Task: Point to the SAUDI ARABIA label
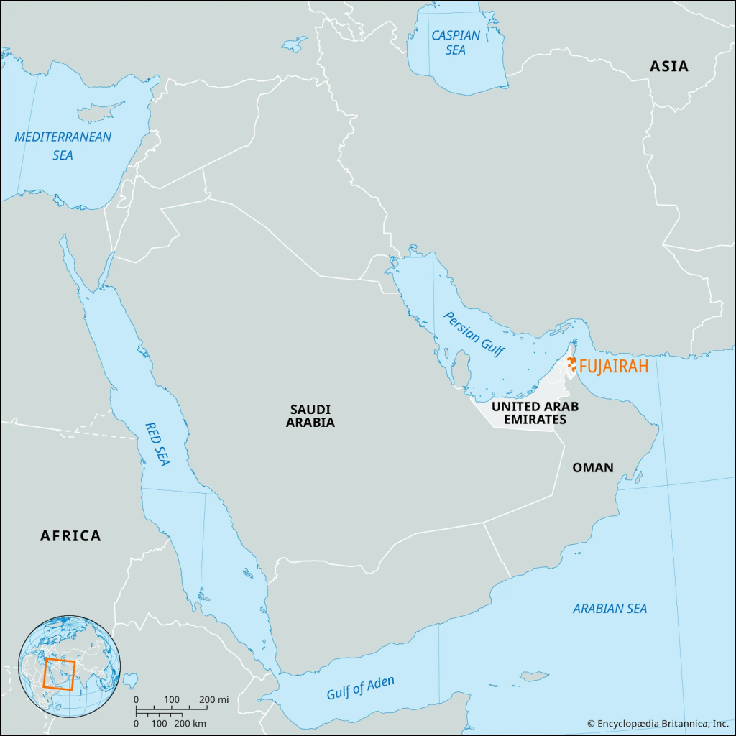coord(310,415)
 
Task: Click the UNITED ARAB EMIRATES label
coord(534,413)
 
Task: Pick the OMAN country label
coord(592,468)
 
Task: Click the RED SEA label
coord(157,443)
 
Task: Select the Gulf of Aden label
coord(360,688)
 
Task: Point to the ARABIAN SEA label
coord(609,609)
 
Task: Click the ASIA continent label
coord(668,67)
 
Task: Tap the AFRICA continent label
coord(70,535)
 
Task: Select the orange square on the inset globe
coord(59,673)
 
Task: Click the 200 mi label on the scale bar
coord(213,699)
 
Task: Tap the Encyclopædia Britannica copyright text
coord(657,723)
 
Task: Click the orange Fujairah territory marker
coord(571,364)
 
